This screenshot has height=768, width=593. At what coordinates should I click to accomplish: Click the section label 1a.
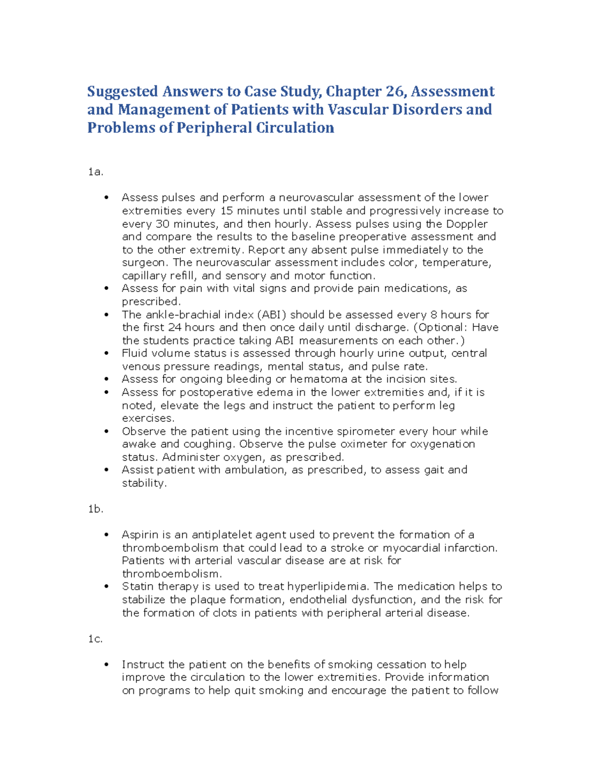pyautogui.click(x=95, y=172)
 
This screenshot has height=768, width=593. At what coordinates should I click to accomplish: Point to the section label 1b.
pyautogui.click(x=95, y=509)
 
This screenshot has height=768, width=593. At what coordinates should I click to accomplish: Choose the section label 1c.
pyautogui.click(x=95, y=639)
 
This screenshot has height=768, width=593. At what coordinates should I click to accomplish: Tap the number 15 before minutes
pyautogui.click(x=226, y=211)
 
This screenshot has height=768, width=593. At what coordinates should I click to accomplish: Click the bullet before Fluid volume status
pyautogui.click(x=106, y=354)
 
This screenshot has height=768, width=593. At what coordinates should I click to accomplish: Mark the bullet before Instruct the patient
pyautogui.click(x=106, y=665)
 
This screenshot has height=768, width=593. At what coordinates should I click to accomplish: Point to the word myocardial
pyautogui.click(x=411, y=548)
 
